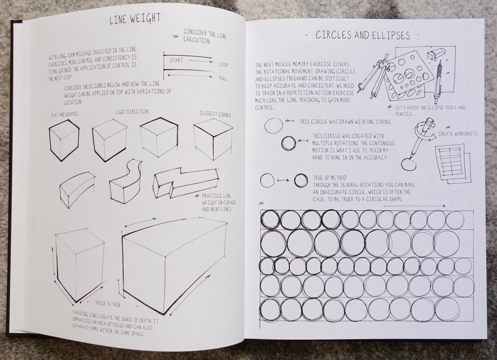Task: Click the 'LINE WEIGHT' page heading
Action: [135, 19]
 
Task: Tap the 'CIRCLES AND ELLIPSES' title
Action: [363, 35]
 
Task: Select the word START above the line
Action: [176, 60]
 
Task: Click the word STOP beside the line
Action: [223, 65]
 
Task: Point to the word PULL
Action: [223, 78]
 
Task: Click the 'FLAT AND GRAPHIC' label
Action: [65, 114]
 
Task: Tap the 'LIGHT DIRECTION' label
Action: [132, 112]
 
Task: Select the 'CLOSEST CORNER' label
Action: [215, 114]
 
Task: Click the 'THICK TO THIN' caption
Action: [108, 304]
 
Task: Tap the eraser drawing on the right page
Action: [433, 54]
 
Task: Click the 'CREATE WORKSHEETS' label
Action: [458, 134]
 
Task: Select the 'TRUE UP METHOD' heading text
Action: [330, 178]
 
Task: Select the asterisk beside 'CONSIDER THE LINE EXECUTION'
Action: [175, 36]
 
